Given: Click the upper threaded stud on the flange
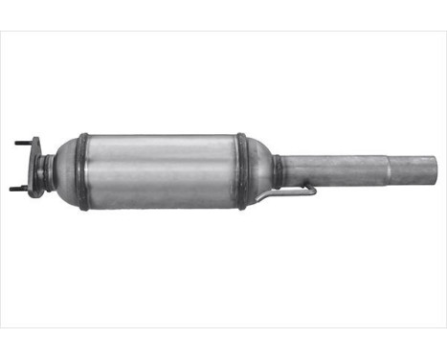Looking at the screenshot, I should click(x=23, y=144).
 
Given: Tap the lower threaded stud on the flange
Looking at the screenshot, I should click(x=19, y=188).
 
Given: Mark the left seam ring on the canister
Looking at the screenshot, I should click(x=83, y=171).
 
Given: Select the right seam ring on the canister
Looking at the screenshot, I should click(x=242, y=171).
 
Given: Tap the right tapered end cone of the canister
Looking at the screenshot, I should click(x=259, y=171).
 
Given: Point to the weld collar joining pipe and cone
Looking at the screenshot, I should click(x=278, y=171).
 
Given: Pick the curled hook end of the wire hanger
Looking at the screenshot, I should click(x=312, y=191).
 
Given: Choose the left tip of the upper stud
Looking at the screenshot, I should click(x=15, y=144).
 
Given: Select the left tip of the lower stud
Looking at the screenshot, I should click(x=11, y=188).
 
